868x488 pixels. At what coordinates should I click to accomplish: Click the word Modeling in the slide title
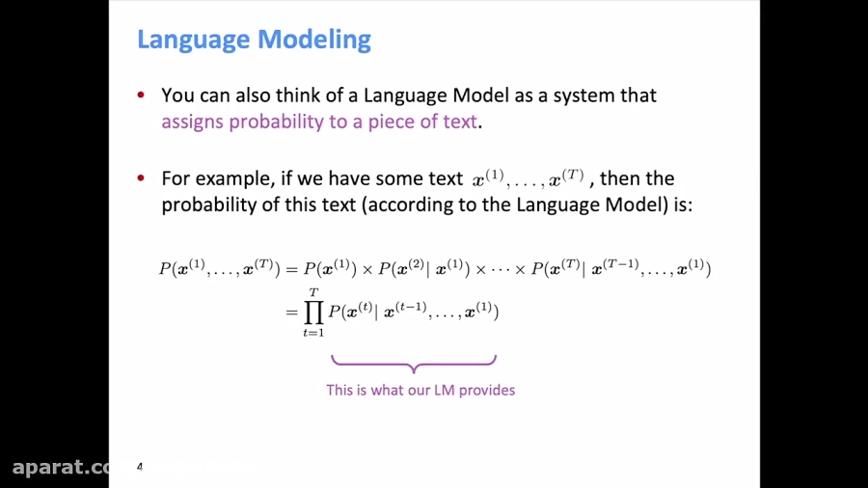coord(316,41)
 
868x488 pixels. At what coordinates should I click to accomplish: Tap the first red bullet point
coord(142,95)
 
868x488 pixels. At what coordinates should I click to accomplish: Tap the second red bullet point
coord(142,178)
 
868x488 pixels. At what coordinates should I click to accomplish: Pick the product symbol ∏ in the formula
coord(313,311)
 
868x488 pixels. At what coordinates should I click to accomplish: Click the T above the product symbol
coord(313,292)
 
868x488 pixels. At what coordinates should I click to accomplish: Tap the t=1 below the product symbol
coord(313,333)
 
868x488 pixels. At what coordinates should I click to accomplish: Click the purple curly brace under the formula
coord(414,364)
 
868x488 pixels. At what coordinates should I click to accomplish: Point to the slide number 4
coord(140,467)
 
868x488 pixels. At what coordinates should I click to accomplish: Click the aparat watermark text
coord(64,468)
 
